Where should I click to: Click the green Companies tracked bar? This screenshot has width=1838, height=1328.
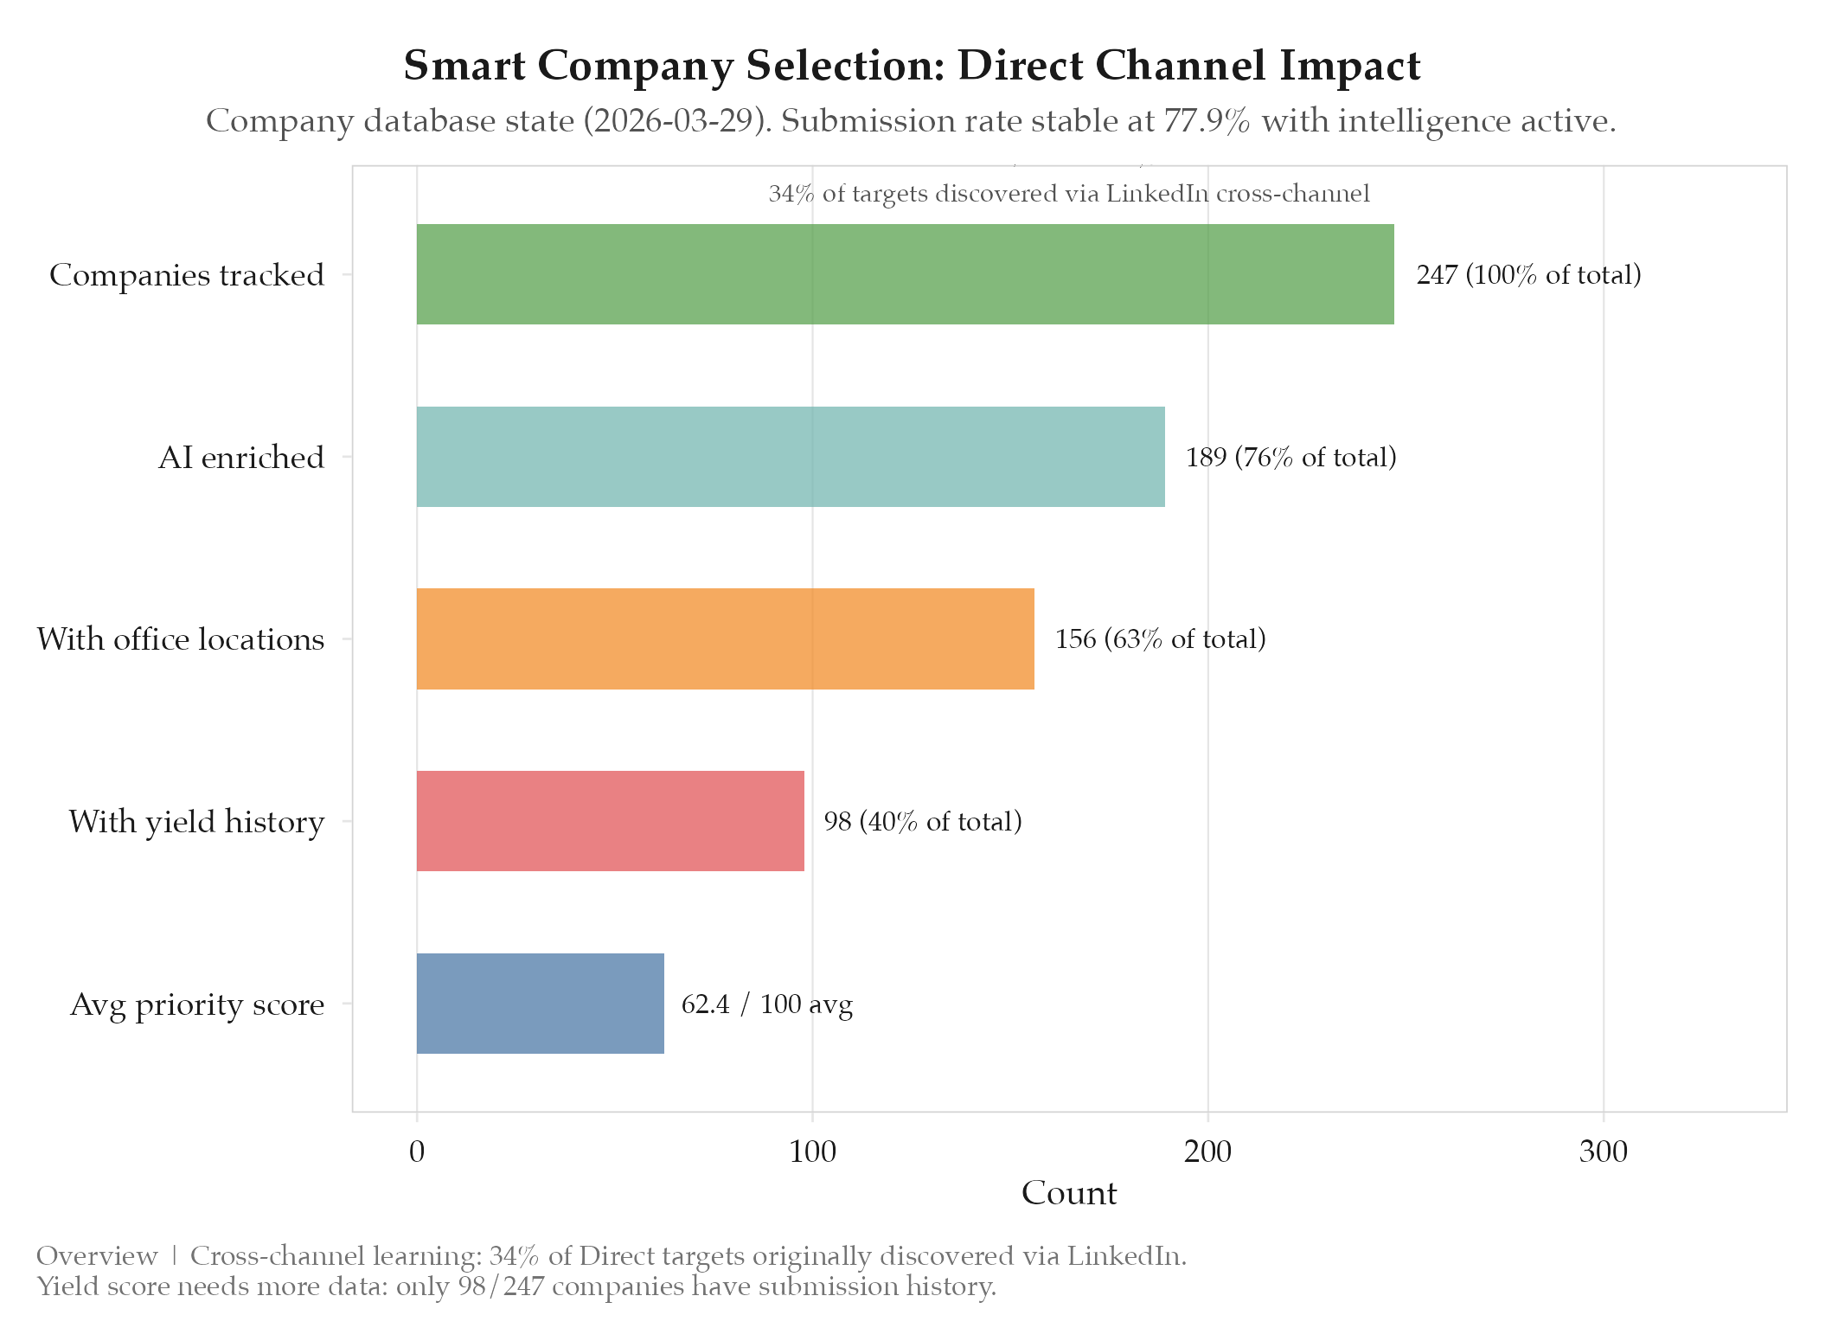coord(905,274)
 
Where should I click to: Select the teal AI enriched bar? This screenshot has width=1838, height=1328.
coord(791,457)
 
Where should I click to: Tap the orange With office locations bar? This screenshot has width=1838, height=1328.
coord(725,638)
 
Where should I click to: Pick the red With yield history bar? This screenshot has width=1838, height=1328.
coord(610,821)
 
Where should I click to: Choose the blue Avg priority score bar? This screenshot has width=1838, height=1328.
coord(540,1004)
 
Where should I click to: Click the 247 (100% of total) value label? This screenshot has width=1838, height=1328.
coord(1528,275)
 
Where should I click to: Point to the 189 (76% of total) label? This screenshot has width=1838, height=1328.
coord(1290,457)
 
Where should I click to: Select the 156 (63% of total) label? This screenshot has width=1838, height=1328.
coord(1160,639)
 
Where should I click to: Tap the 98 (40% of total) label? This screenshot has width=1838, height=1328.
coord(922,821)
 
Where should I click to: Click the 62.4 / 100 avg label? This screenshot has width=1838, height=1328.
coord(767,1004)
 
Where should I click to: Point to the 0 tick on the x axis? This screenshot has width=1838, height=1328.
coord(417,1152)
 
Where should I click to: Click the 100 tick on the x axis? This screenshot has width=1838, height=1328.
coord(812,1152)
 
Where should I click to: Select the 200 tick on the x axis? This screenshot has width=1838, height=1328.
coord(1207,1152)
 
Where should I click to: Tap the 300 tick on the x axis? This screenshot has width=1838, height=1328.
coord(1603,1152)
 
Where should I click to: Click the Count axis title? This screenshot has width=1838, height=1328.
coord(1069,1193)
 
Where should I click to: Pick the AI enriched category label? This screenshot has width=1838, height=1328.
coord(240,458)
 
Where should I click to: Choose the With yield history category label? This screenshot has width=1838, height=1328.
coord(196,822)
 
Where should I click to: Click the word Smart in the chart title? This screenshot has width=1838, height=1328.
coord(464,66)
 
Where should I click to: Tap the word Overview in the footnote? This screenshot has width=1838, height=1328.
coord(97,1255)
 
